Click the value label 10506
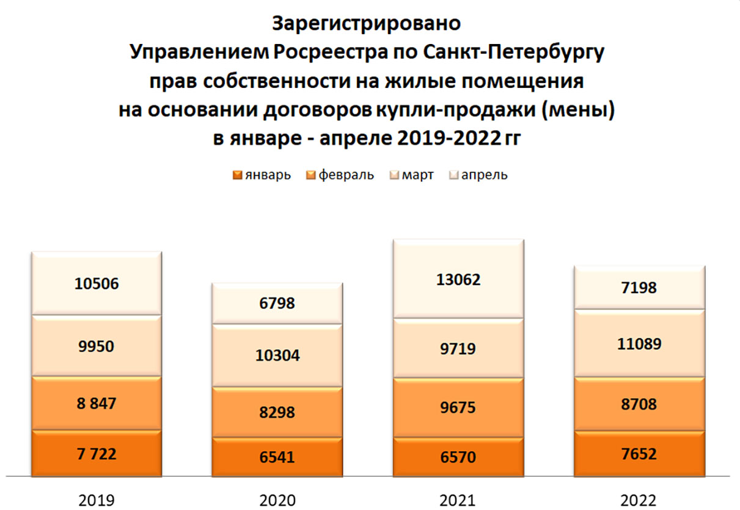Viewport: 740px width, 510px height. [x=97, y=283]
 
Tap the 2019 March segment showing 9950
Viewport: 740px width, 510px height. [x=97, y=346]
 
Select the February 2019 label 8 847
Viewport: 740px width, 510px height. [x=97, y=403]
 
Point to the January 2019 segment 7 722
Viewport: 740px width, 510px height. [x=97, y=453]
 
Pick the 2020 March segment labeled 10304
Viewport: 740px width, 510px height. [x=277, y=355]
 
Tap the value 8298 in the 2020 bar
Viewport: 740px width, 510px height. [x=277, y=412]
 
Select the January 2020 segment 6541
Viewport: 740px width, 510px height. [x=277, y=456]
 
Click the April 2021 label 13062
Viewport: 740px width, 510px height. [x=458, y=279]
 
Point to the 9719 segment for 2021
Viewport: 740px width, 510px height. [x=458, y=349]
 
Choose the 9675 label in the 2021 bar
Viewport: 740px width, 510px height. [x=458, y=407]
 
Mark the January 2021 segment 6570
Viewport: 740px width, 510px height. [x=458, y=456]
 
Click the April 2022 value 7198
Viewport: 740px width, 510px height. [x=639, y=287]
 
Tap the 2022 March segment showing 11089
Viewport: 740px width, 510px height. [x=639, y=344]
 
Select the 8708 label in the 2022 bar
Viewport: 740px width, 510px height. [x=639, y=404]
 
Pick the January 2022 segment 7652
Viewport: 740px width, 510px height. [x=639, y=453]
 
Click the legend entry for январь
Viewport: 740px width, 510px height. [x=262, y=175]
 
